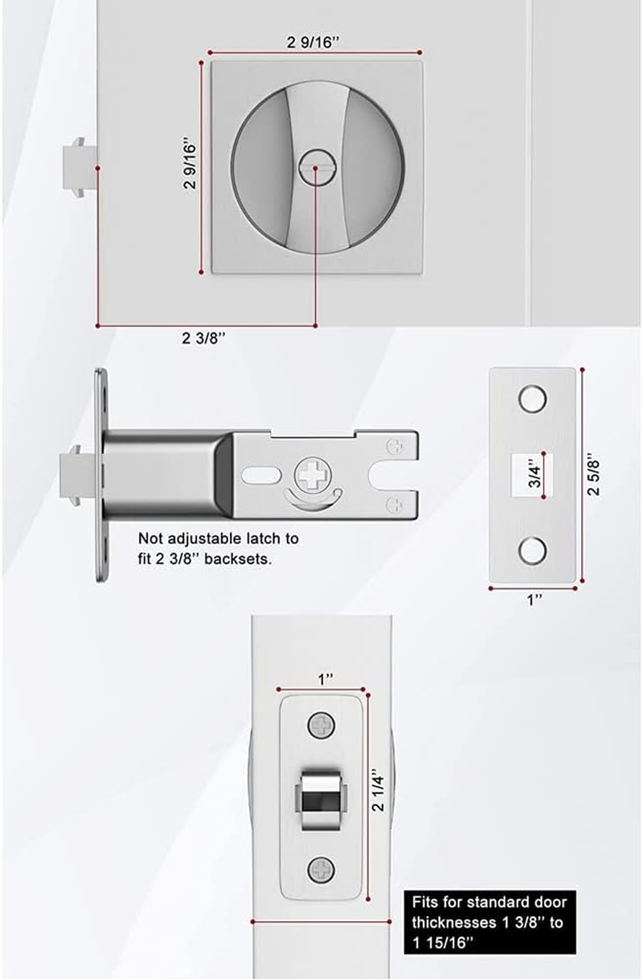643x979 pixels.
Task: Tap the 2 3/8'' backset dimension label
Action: pyautogui.click(x=203, y=338)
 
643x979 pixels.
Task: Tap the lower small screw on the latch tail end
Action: pyautogui.click(x=395, y=504)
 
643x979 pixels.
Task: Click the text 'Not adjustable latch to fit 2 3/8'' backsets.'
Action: pyautogui.click(x=218, y=548)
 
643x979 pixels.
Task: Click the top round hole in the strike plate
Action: pyautogui.click(x=532, y=399)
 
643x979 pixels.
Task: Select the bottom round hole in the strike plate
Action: pyautogui.click(x=532, y=550)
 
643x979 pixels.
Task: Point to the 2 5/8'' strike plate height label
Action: pyautogui.click(x=595, y=476)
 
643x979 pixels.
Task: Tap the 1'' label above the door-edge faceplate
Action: pyautogui.click(x=325, y=679)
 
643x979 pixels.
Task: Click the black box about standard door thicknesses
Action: pyautogui.click(x=493, y=922)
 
